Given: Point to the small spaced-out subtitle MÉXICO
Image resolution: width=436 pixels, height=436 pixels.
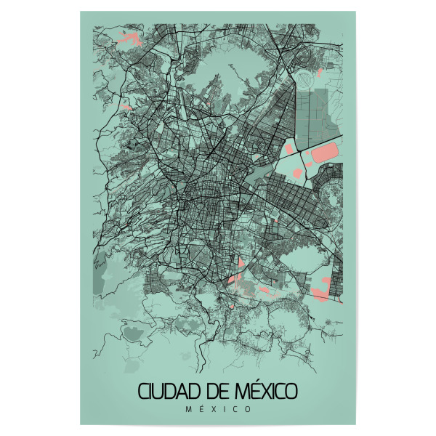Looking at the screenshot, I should [218, 409].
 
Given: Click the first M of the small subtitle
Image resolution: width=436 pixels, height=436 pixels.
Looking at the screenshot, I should [188, 409].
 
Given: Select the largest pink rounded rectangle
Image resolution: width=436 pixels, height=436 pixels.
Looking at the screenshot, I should [324, 154].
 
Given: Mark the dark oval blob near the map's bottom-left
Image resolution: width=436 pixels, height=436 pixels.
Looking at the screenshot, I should [134, 334].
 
